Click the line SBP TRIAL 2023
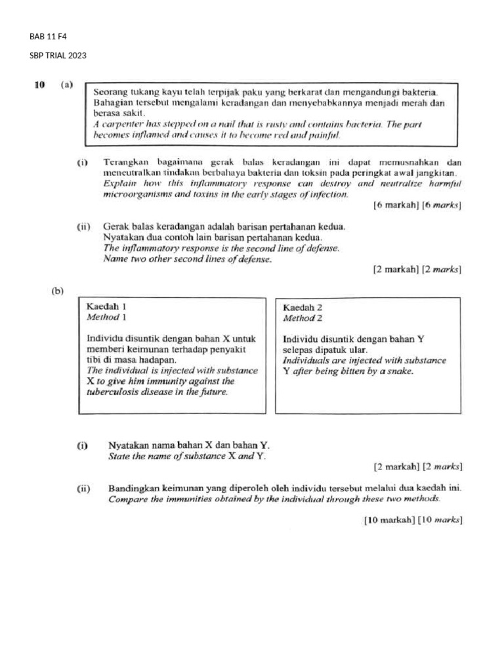click(58, 56)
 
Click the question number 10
click(39, 85)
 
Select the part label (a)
click(66, 85)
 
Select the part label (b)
click(58, 290)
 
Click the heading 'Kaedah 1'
click(106, 306)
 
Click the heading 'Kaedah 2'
click(303, 307)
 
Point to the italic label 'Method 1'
click(106, 317)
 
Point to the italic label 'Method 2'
click(303, 318)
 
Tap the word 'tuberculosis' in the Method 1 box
click(112, 392)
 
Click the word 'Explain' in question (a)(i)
click(119, 183)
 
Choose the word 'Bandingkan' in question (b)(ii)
click(134, 489)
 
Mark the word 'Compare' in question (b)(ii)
click(127, 499)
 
